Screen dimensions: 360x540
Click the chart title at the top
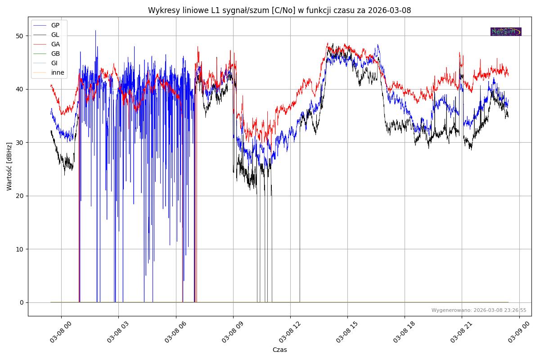[279, 10]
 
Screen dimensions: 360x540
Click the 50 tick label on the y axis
[20, 36]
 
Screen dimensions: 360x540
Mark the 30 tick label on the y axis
[20, 143]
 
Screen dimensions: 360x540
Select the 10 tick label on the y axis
[20, 249]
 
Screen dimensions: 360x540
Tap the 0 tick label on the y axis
[22, 302]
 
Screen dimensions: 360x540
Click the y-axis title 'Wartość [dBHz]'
[9, 166]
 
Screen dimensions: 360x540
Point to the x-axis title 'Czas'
[279, 350]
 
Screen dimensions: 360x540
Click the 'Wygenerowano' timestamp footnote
[479, 310]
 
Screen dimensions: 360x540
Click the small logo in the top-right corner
[506, 31]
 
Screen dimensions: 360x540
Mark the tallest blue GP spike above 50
[95, 31]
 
